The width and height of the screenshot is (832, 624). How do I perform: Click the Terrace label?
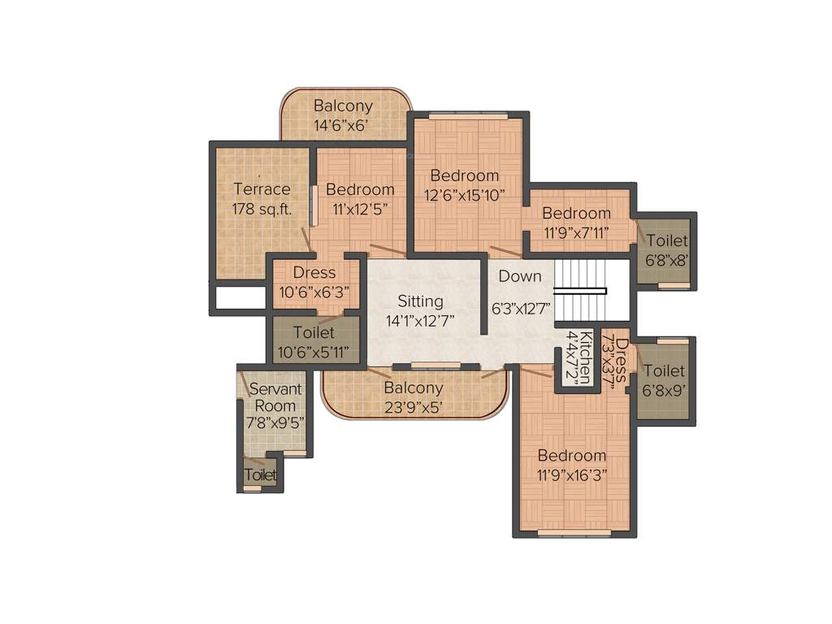tap(262, 189)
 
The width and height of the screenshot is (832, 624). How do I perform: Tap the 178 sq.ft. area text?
tap(262, 209)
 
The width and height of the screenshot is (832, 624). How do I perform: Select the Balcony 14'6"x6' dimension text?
tap(343, 126)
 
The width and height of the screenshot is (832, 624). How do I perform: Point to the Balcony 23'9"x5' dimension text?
tap(414, 408)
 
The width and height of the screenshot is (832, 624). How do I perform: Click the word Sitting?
tap(420, 301)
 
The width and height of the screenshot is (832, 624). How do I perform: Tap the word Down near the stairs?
tap(520, 276)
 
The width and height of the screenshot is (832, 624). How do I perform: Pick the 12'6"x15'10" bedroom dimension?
tap(465, 195)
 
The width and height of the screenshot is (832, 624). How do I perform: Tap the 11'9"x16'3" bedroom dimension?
tap(571, 475)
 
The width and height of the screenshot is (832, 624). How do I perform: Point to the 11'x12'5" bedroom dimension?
tap(360, 209)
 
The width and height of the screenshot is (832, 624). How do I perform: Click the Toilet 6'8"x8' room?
tap(666, 251)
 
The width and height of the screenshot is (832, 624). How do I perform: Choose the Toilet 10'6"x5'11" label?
tap(314, 342)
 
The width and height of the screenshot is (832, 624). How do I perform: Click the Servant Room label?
tap(276, 396)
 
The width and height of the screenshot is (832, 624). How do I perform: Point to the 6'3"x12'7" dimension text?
tap(521, 309)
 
